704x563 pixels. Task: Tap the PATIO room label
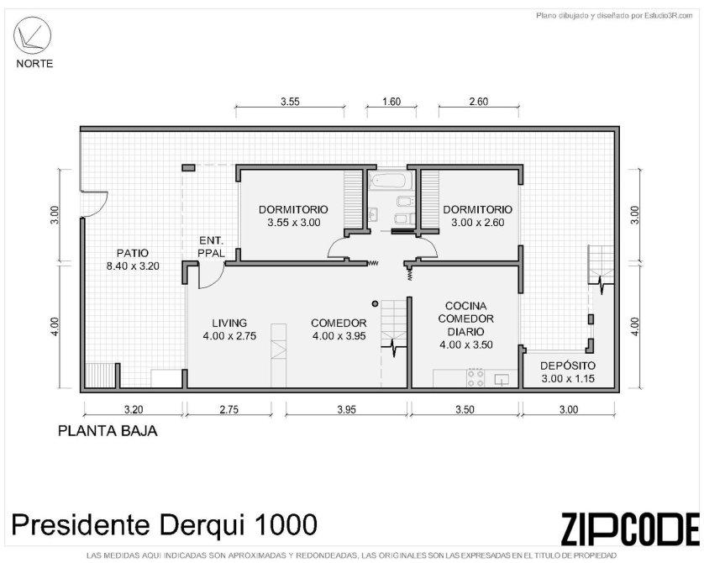coord(133,260)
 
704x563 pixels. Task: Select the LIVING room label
coord(229,329)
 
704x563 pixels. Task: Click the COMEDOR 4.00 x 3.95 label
coord(339,329)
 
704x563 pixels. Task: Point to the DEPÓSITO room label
coord(568,371)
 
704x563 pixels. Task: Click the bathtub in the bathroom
coord(388,181)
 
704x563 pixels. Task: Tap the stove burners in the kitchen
coord(476,377)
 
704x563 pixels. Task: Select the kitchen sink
coord(502,380)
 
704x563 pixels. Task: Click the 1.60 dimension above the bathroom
coord(391,102)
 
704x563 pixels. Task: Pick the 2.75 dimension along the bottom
coord(229,409)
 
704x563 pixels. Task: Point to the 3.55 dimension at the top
coord(290,102)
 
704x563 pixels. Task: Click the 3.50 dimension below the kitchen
coord(465,409)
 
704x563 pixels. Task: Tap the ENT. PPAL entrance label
coord(212,247)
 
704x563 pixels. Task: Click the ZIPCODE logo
coord(630,528)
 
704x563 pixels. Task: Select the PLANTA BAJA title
coord(108,431)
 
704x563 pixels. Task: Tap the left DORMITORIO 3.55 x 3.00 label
coord(294,215)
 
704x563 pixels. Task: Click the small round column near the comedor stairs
coord(375,304)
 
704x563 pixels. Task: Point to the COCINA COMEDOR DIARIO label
coord(466,325)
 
